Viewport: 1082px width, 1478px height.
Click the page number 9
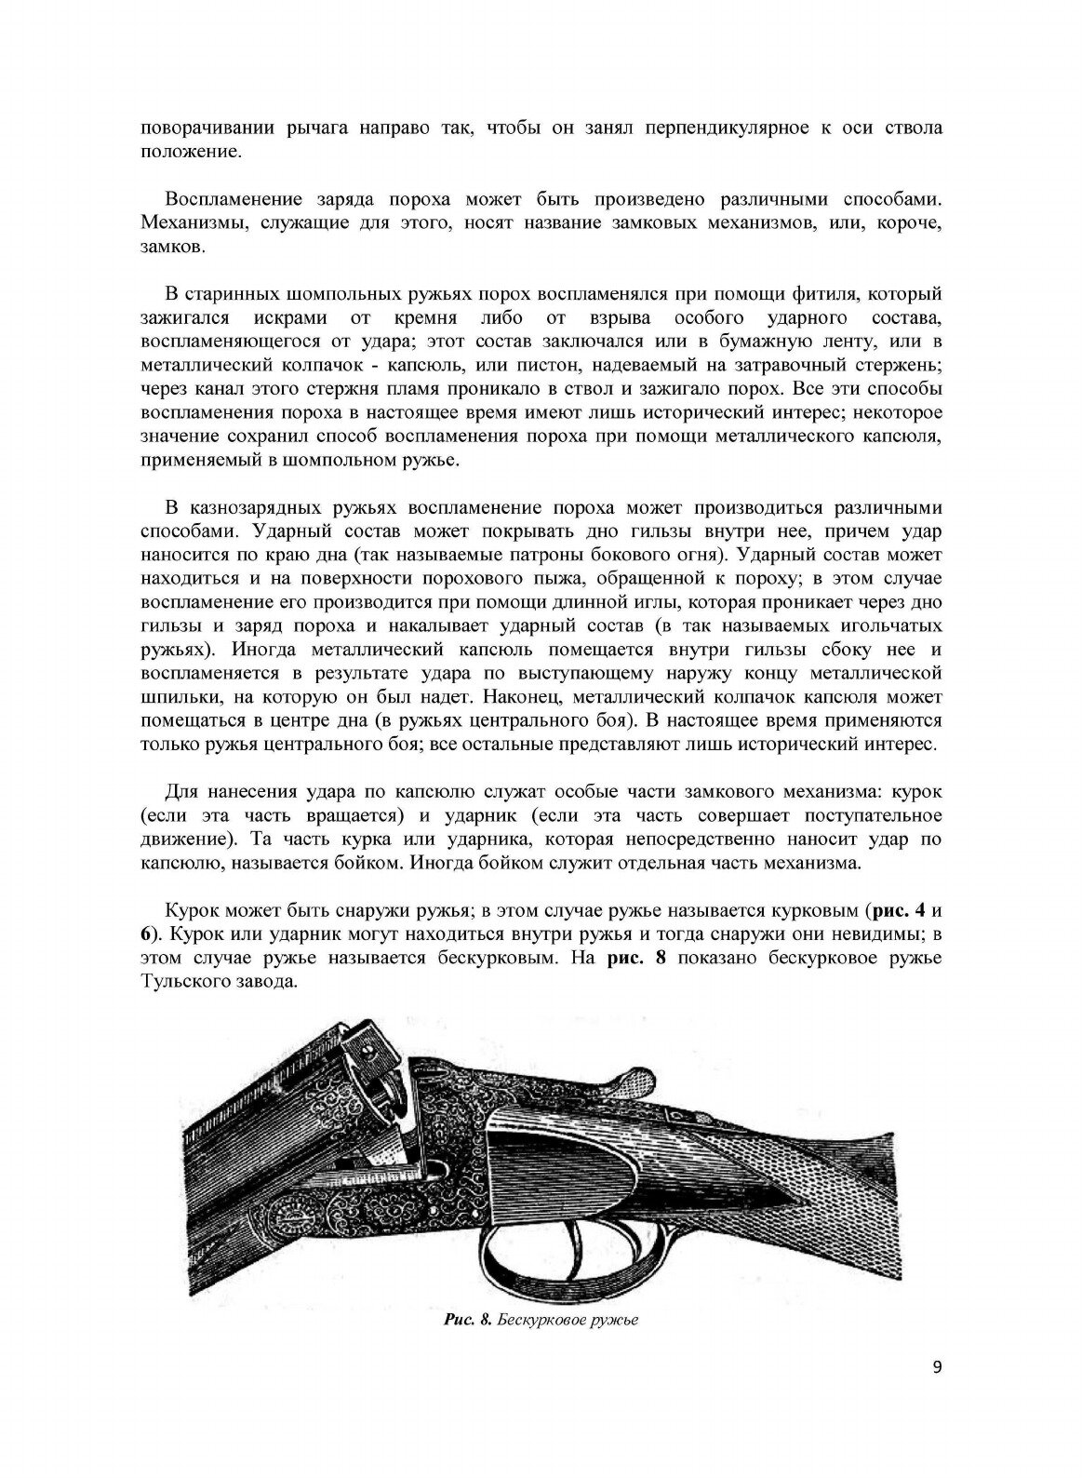point(936,1393)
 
